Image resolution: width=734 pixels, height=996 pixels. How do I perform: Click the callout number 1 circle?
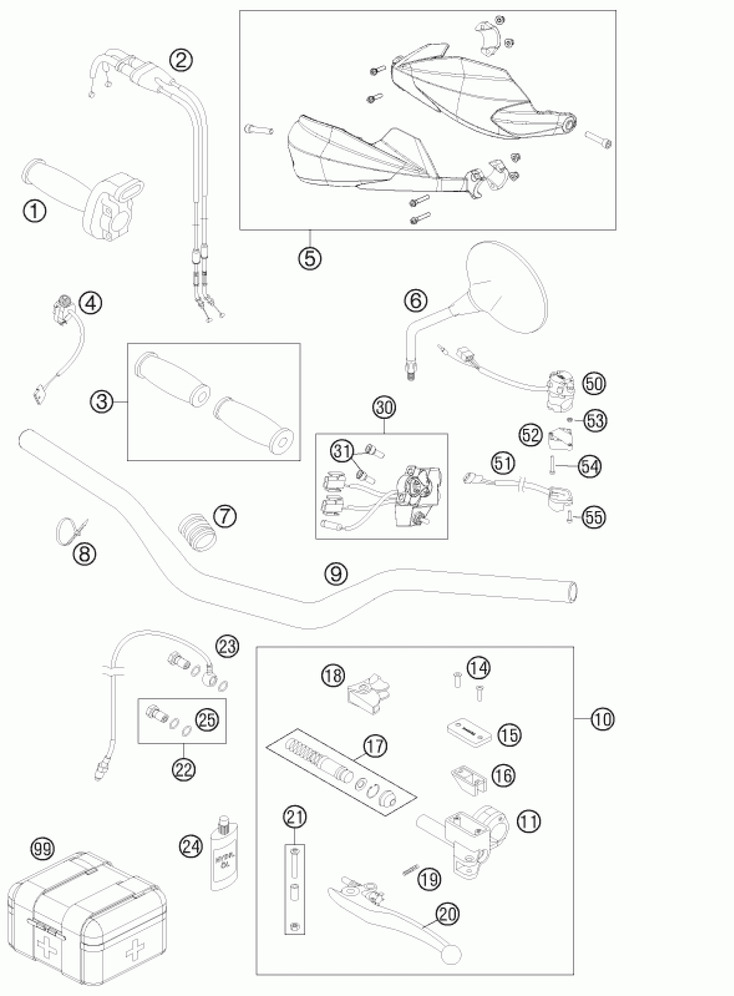pyautogui.click(x=34, y=211)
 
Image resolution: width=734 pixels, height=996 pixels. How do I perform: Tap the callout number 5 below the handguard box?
pyautogui.click(x=310, y=258)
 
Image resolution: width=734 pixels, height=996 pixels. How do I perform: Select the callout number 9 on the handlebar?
pyautogui.click(x=336, y=573)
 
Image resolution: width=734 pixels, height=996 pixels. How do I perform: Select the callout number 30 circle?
pyautogui.click(x=384, y=408)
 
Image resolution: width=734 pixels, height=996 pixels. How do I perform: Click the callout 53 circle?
pyautogui.click(x=595, y=420)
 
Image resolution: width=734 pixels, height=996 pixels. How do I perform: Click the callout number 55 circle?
pyautogui.click(x=594, y=517)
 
